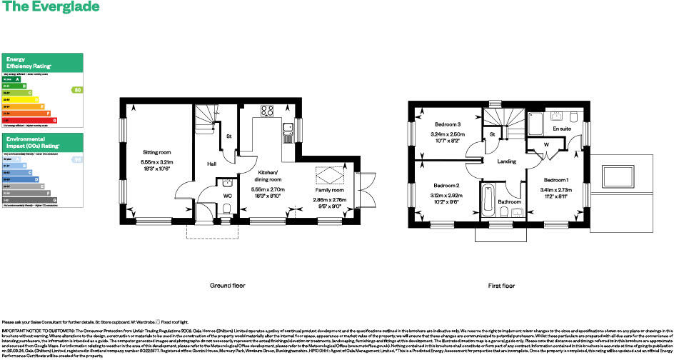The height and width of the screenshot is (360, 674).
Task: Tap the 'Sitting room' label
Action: [x=156, y=152]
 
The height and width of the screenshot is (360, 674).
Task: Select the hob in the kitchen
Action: [x=268, y=111]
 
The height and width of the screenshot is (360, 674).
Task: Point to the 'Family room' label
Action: [x=330, y=191]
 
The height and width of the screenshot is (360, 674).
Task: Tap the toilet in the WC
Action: [x=226, y=208]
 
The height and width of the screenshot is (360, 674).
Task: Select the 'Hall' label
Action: [x=212, y=164]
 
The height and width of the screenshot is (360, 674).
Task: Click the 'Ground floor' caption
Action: [x=227, y=286]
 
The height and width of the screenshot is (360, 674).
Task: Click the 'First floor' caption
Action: [x=501, y=286]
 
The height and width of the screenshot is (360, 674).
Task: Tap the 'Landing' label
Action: [x=507, y=161]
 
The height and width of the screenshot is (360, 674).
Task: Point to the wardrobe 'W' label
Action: [x=545, y=145]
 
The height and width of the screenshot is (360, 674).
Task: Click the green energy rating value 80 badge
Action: [x=77, y=90]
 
